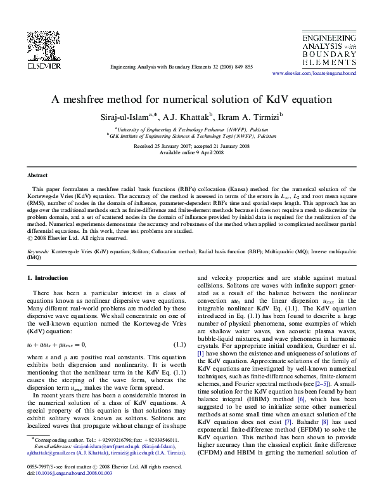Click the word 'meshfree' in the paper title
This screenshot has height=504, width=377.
[96, 100]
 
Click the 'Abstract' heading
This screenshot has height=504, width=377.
[38, 175]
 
